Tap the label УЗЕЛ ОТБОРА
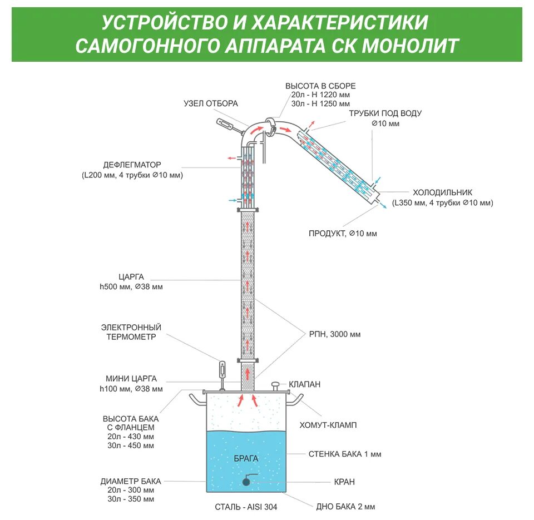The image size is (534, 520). point(211,103)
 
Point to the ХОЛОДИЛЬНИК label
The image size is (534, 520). point(443,192)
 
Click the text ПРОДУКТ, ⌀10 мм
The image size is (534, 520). point(343,234)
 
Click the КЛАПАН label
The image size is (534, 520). point(304,384)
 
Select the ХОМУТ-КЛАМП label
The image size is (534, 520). point(328,425)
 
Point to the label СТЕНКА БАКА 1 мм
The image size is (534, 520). point(345,454)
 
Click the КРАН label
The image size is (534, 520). point(344,482)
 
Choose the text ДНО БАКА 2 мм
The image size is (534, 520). point(345,507)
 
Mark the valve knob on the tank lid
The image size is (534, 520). point(275,384)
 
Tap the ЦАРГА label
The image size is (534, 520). point(131,276)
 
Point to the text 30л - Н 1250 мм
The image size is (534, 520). point(320,103)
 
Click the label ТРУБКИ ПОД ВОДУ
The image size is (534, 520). point(385,113)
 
